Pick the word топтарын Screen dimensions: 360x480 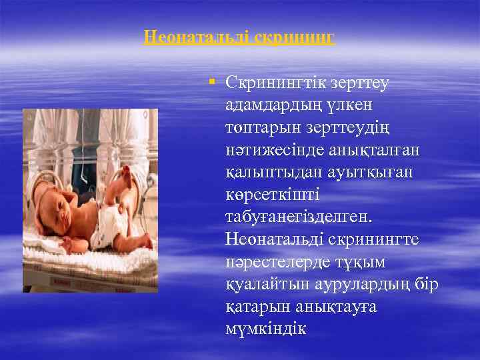coord(258,127)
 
